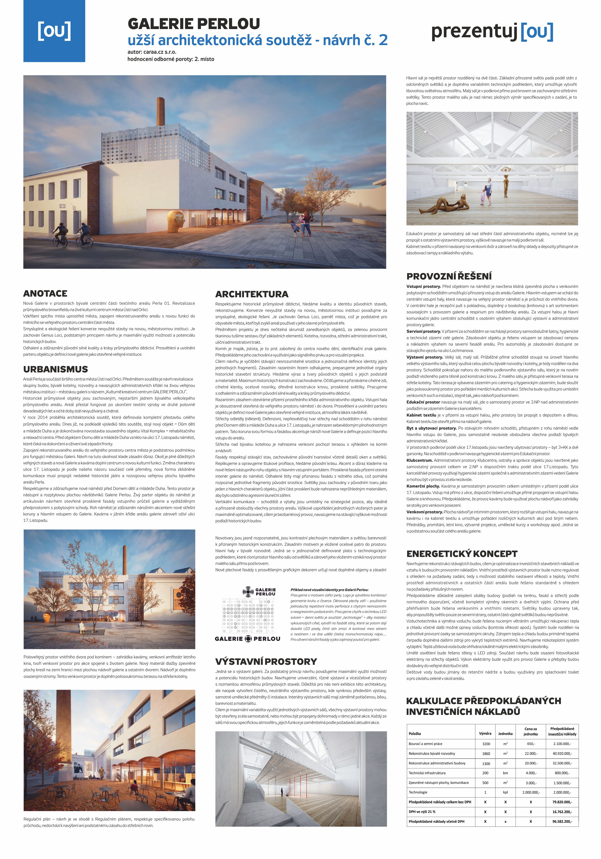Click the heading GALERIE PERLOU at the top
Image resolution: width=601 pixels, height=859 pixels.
point(194,24)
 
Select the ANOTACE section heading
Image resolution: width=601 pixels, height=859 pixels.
point(45,293)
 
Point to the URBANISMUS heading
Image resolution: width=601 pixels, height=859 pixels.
point(55,369)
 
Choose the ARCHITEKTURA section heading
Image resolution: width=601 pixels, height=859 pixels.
point(252,294)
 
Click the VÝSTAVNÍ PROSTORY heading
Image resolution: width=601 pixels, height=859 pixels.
point(266,661)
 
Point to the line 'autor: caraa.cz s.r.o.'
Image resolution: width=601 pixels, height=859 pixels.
point(152,52)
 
